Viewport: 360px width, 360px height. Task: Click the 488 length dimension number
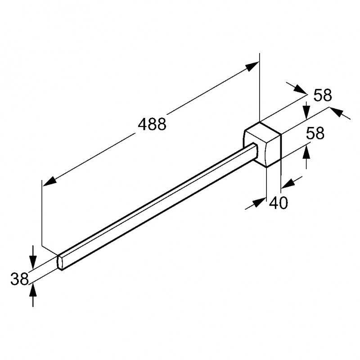[152, 124]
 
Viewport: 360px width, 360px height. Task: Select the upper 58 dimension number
[323, 95]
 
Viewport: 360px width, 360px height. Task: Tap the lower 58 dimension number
[315, 133]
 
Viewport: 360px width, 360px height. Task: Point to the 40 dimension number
[278, 203]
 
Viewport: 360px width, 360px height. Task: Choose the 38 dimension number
[19, 279]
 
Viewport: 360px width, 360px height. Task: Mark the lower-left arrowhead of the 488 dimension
[50, 181]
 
